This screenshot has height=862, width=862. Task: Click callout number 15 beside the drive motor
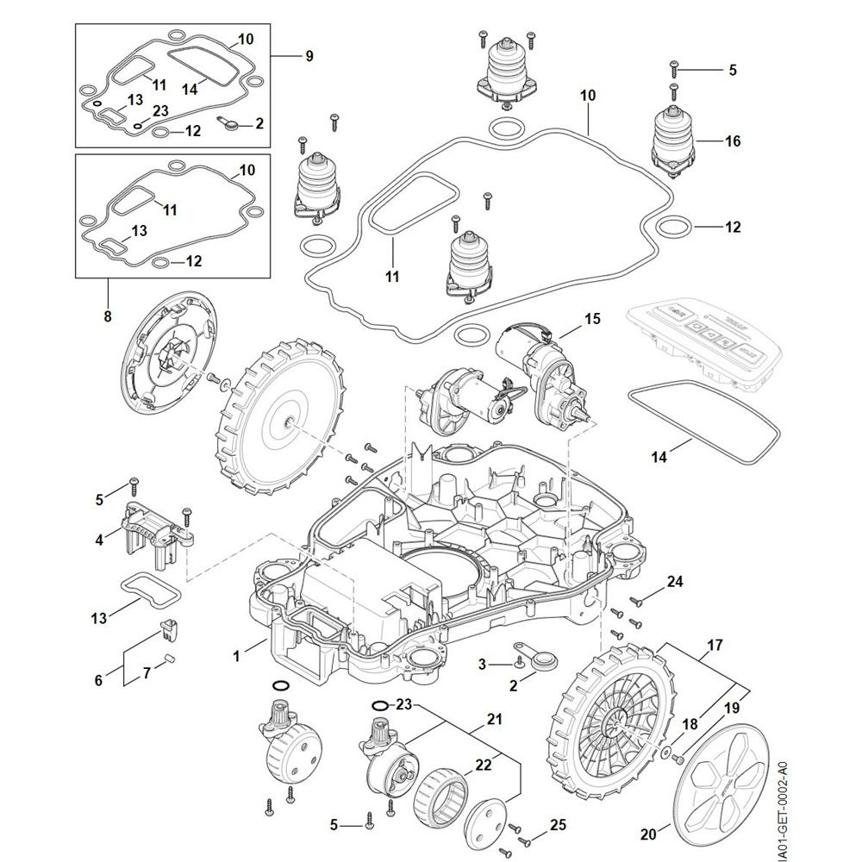pos(591,319)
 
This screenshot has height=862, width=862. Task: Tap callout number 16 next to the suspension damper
pos(733,141)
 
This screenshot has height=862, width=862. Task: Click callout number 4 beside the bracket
pos(100,540)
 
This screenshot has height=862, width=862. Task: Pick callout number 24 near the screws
pos(675,582)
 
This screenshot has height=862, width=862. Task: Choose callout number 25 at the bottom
pos(558,825)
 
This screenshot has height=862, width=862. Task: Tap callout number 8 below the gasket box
pos(108,316)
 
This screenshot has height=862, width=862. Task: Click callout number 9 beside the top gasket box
pos(308,56)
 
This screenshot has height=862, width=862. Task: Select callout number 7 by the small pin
pos(147,671)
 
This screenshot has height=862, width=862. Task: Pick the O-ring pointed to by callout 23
pos(379,706)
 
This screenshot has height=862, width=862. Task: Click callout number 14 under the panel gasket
pos(659,458)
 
